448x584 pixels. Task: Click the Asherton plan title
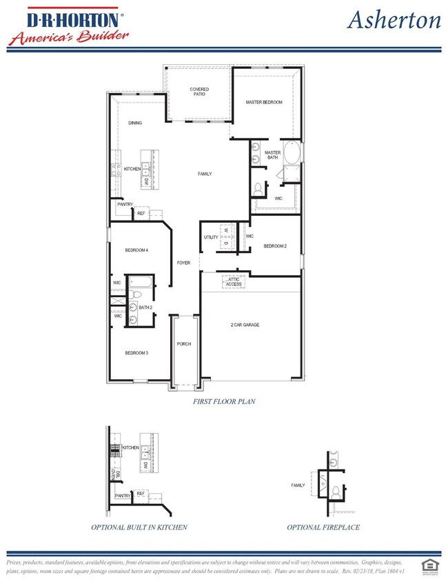(x=394, y=20)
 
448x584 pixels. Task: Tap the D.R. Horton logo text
(x=67, y=16)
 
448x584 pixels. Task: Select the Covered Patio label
(x=199, y=92)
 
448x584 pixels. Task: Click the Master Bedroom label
(x=264, y=102)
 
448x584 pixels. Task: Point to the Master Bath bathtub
(x=292, y=152)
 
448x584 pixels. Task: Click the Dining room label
(x=135, y=123)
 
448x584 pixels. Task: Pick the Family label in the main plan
(x=205, y=174)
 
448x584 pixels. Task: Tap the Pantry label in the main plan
(x=125, y=205)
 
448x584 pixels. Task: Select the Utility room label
(x=210, y=238)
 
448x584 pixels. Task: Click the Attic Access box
(x=234, y=282)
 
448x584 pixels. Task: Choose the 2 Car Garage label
(x=245, y=324)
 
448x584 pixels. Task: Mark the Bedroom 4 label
(x=136, y=250)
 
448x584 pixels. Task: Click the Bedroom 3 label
(x=136, y=353)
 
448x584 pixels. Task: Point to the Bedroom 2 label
(x=274, y=245)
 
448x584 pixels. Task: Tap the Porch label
(x=183, y=343)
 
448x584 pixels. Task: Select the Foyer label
(x=183, y=263)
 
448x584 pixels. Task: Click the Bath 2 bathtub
(x=142, y=281)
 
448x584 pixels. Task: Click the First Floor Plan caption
(x=224, y=400)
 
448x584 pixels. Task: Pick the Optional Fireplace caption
(x=323, y=527)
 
